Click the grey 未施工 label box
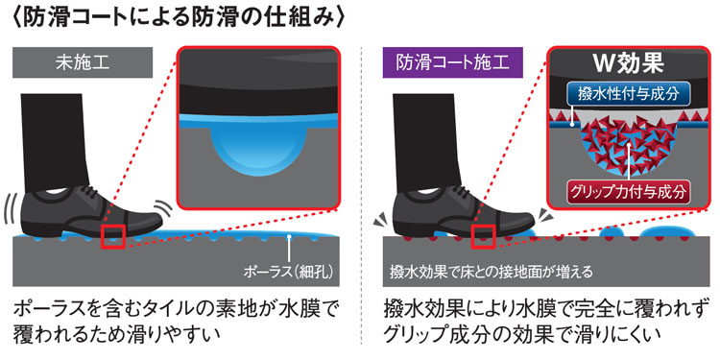point(83,62)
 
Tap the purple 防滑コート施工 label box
point(453,62)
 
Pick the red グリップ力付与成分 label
point(630,192)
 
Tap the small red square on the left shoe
point(114,237)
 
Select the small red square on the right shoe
point(483,237)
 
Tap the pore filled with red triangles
point(630,149)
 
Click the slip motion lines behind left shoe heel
point(11,210)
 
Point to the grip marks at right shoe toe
point(543,213)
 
